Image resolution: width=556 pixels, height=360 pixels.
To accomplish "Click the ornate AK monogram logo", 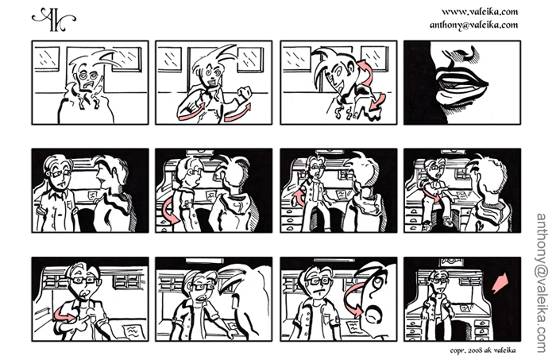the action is pyautogui.click(x=53, y=19).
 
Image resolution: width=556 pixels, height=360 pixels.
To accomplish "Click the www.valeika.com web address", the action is pyautogui.click(x=480, y=12).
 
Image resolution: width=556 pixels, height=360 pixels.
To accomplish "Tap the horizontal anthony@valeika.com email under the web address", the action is pyautogui.click(x=473, y=25).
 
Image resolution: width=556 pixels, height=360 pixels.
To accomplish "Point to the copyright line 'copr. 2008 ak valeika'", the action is pyautogui.click(x=483, y=350).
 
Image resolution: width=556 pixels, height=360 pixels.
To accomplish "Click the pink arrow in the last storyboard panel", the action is pyautogui.click(x=500, y=283).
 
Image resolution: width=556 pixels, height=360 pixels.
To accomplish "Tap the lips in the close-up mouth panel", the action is pyautogui.click(x=461, y=87).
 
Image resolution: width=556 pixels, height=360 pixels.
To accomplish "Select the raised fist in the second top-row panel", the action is pyautogui.click(x=245, y=95).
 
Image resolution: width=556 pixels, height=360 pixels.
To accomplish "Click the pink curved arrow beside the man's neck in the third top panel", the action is pyautogui.click(x=367, y=72).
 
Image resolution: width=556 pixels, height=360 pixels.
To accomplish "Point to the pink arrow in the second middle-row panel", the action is pyautogui.click(x=170, y=211).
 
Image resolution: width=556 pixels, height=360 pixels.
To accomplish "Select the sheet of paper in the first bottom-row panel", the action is pyautogui.click(x=133, y=331).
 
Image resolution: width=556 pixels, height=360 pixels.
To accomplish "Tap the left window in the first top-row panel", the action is pyautogui.click(x=47, y=59).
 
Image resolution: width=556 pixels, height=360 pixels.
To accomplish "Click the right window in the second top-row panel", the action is pyautogui.click(x=250, y=60).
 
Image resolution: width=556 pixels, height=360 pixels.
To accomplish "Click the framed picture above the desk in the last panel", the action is pyautogui.click(x=451, y=263).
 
